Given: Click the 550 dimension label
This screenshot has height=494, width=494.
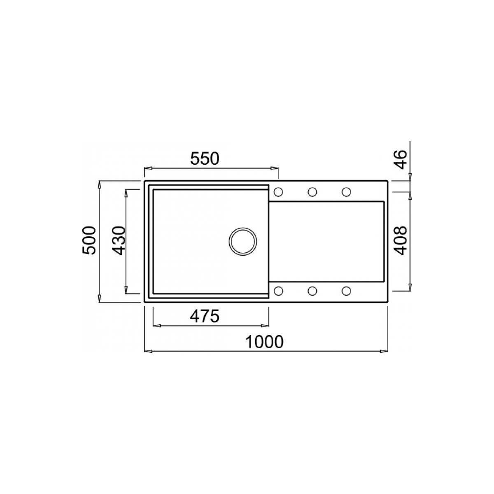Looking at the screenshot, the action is tap(205, 158).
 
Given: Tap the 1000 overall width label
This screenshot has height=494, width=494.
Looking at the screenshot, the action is tap(264, 342).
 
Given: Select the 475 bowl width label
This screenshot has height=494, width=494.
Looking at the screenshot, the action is tap(205, 316).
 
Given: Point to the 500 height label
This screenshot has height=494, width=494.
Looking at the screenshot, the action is tap(89, 240).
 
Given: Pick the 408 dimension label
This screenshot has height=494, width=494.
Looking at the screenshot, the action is tap(400, 240).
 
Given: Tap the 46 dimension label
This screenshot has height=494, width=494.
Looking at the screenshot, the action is tap(400, 159).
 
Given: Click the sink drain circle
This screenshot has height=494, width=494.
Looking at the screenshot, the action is tap(243, 241).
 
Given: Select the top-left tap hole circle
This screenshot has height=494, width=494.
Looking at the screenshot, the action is tap(278, 192).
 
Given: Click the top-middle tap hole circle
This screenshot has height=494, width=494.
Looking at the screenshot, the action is tap(312, 192).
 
